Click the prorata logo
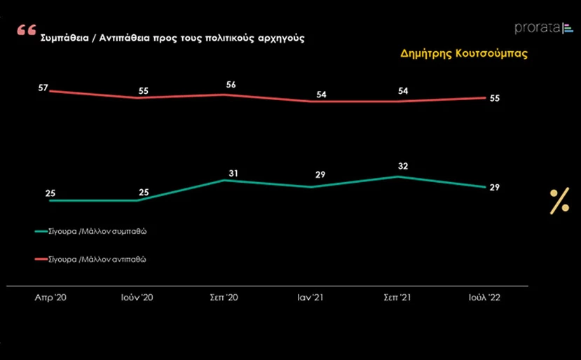click(x=544, y=28)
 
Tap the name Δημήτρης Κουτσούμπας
click(x=464, y=53)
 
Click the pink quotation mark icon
click(x=27, y=29)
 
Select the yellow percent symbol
click(x=559, y=201)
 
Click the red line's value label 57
click(x=43, y=88)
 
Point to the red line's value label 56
click(x=231, y=85)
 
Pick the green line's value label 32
click(x=403, y=166)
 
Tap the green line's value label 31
click(x=233, y=173)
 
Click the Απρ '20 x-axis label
click(x=50, y=298)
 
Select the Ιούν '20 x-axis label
click(x=137, y=298)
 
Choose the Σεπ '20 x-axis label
click(x=224, y=298)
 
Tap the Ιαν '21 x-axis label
click(x=310, y=298)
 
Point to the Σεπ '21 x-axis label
click(x=397, y=298)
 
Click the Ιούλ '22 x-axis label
click(x=485, y=298)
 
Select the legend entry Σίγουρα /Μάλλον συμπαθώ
click(x=91, y=232)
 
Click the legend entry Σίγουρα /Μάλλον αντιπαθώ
click(x=90, y=259)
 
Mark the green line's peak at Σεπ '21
click(x=397, y=176)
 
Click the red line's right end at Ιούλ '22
click(x=486, y=98)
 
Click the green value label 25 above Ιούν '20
click(x=144, y=193)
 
